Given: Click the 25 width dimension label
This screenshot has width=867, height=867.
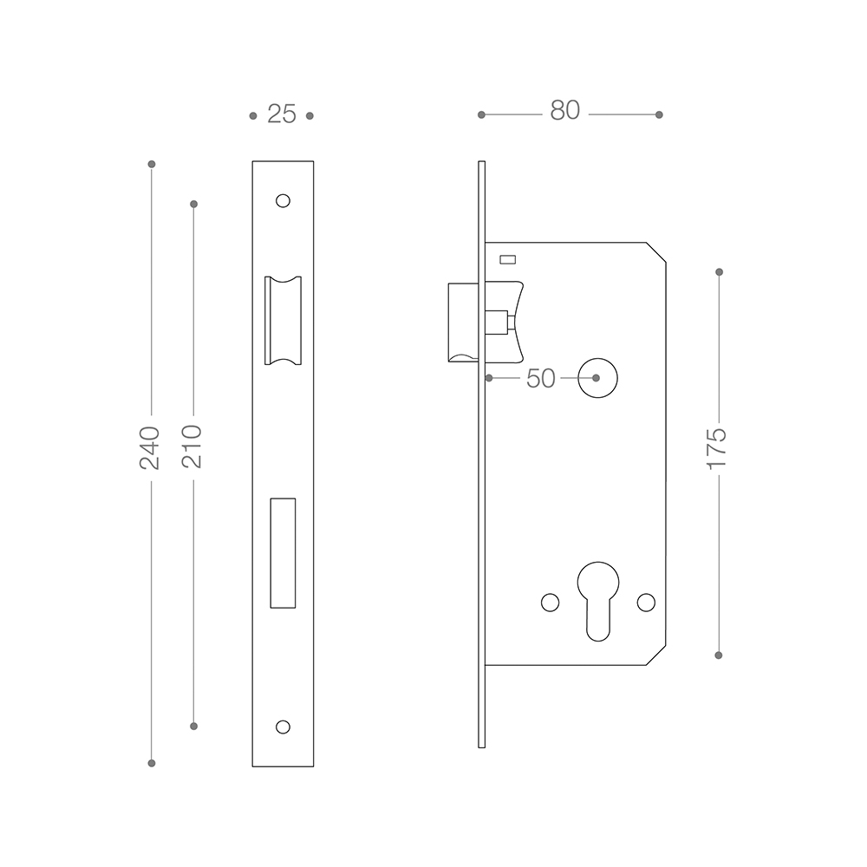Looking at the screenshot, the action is tap(282, 114).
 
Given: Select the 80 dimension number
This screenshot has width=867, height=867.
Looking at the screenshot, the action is tap(564, 110).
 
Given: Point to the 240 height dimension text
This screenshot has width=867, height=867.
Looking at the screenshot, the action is tap(149, 448).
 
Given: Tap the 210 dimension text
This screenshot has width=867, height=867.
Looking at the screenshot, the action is tap(192, 447).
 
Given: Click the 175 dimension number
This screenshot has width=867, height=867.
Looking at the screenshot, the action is tap(717, 448).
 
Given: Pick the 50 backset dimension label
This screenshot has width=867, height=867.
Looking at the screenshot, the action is tap(540, 379).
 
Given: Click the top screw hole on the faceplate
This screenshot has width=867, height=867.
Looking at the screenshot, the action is tap(283, 200).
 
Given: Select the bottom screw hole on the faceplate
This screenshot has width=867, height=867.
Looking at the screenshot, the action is tap(283, 727).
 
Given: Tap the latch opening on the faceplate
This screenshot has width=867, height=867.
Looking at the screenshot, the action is tap(284, 321).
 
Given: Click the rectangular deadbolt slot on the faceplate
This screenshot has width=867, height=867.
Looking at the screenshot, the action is tap(283, 553).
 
